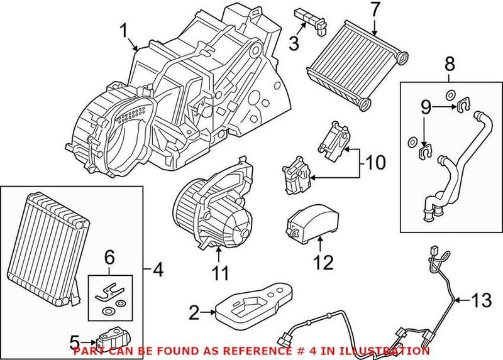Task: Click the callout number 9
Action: coord(426,109)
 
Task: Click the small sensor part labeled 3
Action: coord(312,17)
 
